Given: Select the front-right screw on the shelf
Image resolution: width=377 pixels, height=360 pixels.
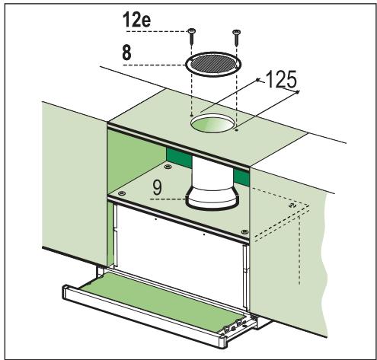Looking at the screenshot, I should [x=242, y=231].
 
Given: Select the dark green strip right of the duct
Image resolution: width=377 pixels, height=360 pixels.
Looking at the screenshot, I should [x=243, y=178].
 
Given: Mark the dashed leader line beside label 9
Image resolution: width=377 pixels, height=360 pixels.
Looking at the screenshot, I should [x=169, y=199].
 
